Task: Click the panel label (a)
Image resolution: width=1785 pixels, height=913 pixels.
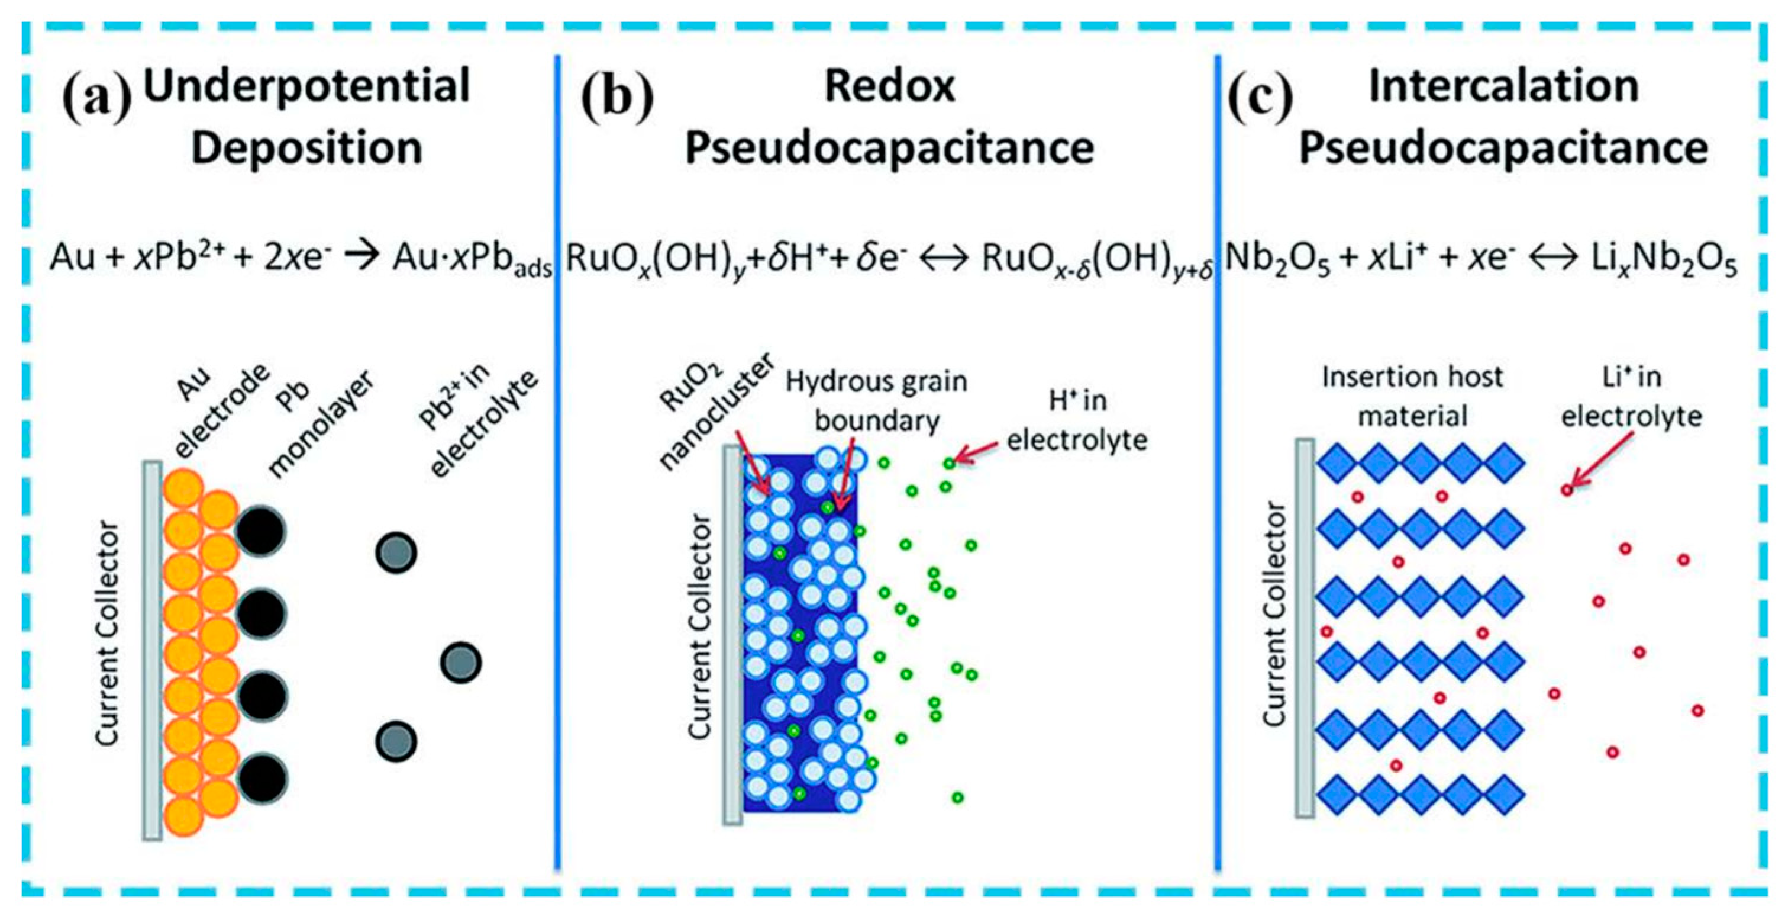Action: point(97,98)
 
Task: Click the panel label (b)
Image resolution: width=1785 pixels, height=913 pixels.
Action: point(616,98)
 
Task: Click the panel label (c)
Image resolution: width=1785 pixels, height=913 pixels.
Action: point(1260,98)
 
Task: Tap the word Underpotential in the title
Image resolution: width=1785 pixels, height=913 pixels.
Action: point(306,86)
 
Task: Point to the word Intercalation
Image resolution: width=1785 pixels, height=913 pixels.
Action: point(1503,86)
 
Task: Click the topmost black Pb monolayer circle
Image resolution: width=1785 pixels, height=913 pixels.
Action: point(260,532)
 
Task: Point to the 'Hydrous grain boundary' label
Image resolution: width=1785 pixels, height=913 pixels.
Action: point(877,401)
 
